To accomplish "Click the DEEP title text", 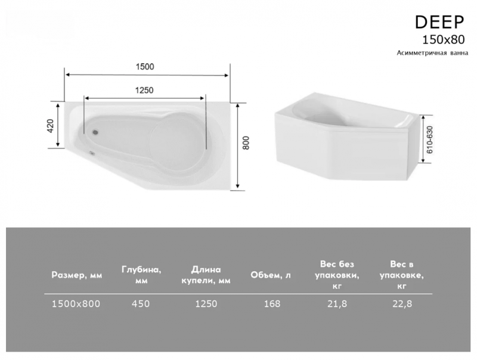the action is point(439,22).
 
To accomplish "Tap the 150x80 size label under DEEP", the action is point(444,40).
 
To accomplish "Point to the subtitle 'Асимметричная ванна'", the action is point(432,53).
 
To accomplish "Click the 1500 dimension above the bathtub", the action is point(145,67).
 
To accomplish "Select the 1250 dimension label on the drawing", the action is point(144,91).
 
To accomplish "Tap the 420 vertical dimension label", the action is point(50,126).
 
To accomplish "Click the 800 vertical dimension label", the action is point(246,143).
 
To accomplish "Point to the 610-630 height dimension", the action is point(429,140).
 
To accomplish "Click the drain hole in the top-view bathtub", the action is point(95,132).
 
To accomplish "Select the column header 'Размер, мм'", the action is point(77,275).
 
